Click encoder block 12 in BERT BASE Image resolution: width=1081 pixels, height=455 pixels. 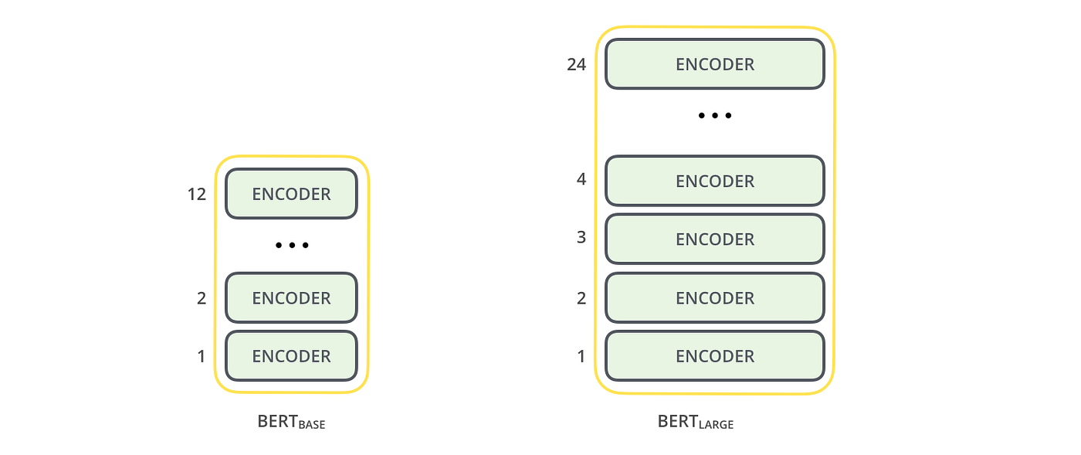291,194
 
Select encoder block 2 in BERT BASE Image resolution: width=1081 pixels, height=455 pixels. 291,297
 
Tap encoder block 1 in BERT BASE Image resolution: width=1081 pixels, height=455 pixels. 291,356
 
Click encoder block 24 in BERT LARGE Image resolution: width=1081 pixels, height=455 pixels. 714,64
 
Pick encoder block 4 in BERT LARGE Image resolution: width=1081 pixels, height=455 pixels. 714,181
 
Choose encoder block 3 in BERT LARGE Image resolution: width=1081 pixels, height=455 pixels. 714,239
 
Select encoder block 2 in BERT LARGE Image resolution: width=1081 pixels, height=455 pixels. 714,297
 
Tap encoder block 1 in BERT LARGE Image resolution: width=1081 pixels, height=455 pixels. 714,356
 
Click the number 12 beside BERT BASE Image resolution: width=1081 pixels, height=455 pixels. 197,195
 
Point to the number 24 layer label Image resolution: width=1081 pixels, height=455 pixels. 576,65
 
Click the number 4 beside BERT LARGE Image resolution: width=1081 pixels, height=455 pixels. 581,179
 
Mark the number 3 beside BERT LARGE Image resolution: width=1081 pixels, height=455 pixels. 581,238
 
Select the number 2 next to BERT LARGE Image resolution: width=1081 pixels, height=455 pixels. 581,298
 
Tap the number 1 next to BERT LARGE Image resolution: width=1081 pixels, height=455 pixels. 581,356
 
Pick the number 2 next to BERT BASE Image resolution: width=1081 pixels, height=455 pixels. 202,298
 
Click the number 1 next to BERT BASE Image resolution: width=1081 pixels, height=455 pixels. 202,356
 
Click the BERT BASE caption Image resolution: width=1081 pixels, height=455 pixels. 291,423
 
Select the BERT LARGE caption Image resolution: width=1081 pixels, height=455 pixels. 695,422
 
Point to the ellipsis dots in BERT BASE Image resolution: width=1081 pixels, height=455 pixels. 292,246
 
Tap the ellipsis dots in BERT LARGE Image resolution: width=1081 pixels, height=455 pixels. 714,116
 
